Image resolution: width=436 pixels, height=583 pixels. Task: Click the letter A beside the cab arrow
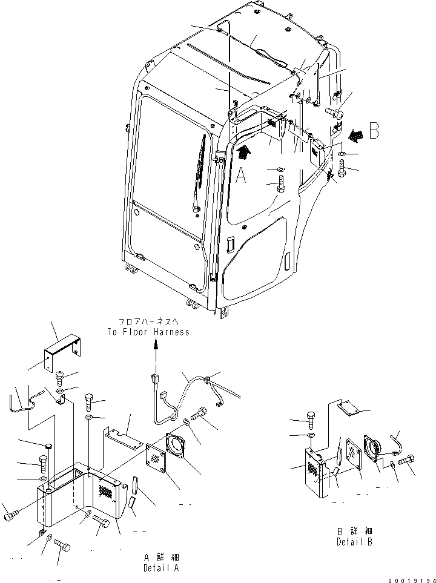point(241,176)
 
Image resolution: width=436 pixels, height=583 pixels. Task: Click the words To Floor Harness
point(148,332)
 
